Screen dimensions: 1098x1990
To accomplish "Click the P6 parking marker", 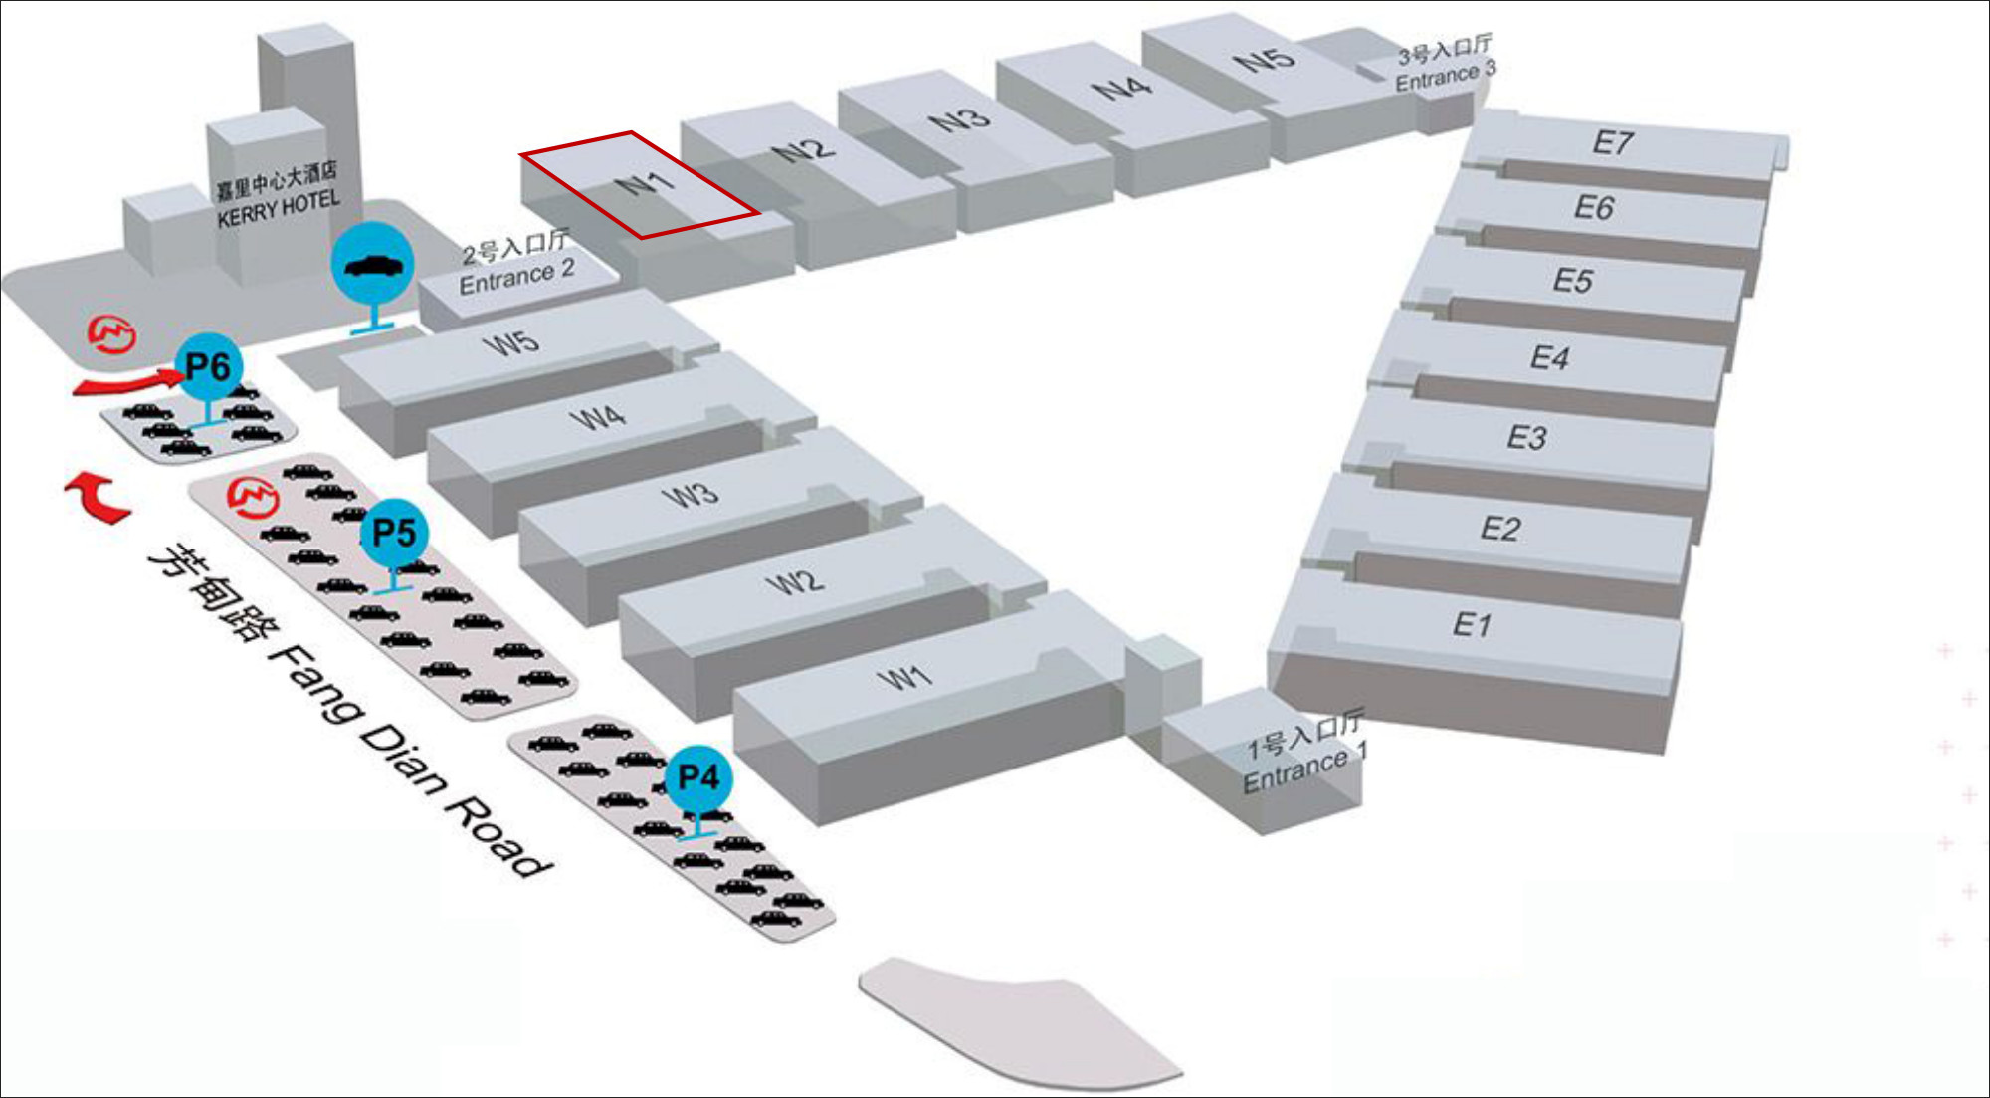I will pos(207,365).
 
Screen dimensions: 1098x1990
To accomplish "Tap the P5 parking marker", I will pos(394,533).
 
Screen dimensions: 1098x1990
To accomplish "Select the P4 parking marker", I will pos(697,777).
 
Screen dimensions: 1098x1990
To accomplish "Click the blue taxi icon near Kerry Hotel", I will pos(372,265).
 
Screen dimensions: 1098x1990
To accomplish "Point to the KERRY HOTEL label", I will pos(278,207).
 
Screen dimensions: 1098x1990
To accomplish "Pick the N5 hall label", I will pos(1264,60).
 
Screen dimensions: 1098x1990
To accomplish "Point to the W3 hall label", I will pos(691,494).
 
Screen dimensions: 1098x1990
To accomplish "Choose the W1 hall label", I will pos(903,679).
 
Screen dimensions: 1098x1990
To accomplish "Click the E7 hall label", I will pos(1612,142).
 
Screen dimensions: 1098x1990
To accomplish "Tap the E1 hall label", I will pos(1472,625).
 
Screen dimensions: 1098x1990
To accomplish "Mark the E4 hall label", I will pos(1549,357).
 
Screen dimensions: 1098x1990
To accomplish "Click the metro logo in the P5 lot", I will pos(252,498).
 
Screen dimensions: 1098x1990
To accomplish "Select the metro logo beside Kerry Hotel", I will pos(112,334).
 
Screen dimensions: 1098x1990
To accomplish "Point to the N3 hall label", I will pos(959,120).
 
